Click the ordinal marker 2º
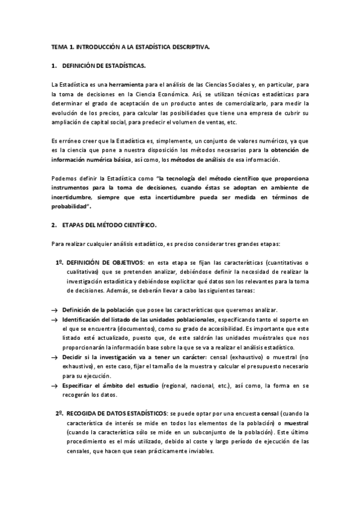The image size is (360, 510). [59, 413]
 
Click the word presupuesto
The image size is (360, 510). [259, 366]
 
